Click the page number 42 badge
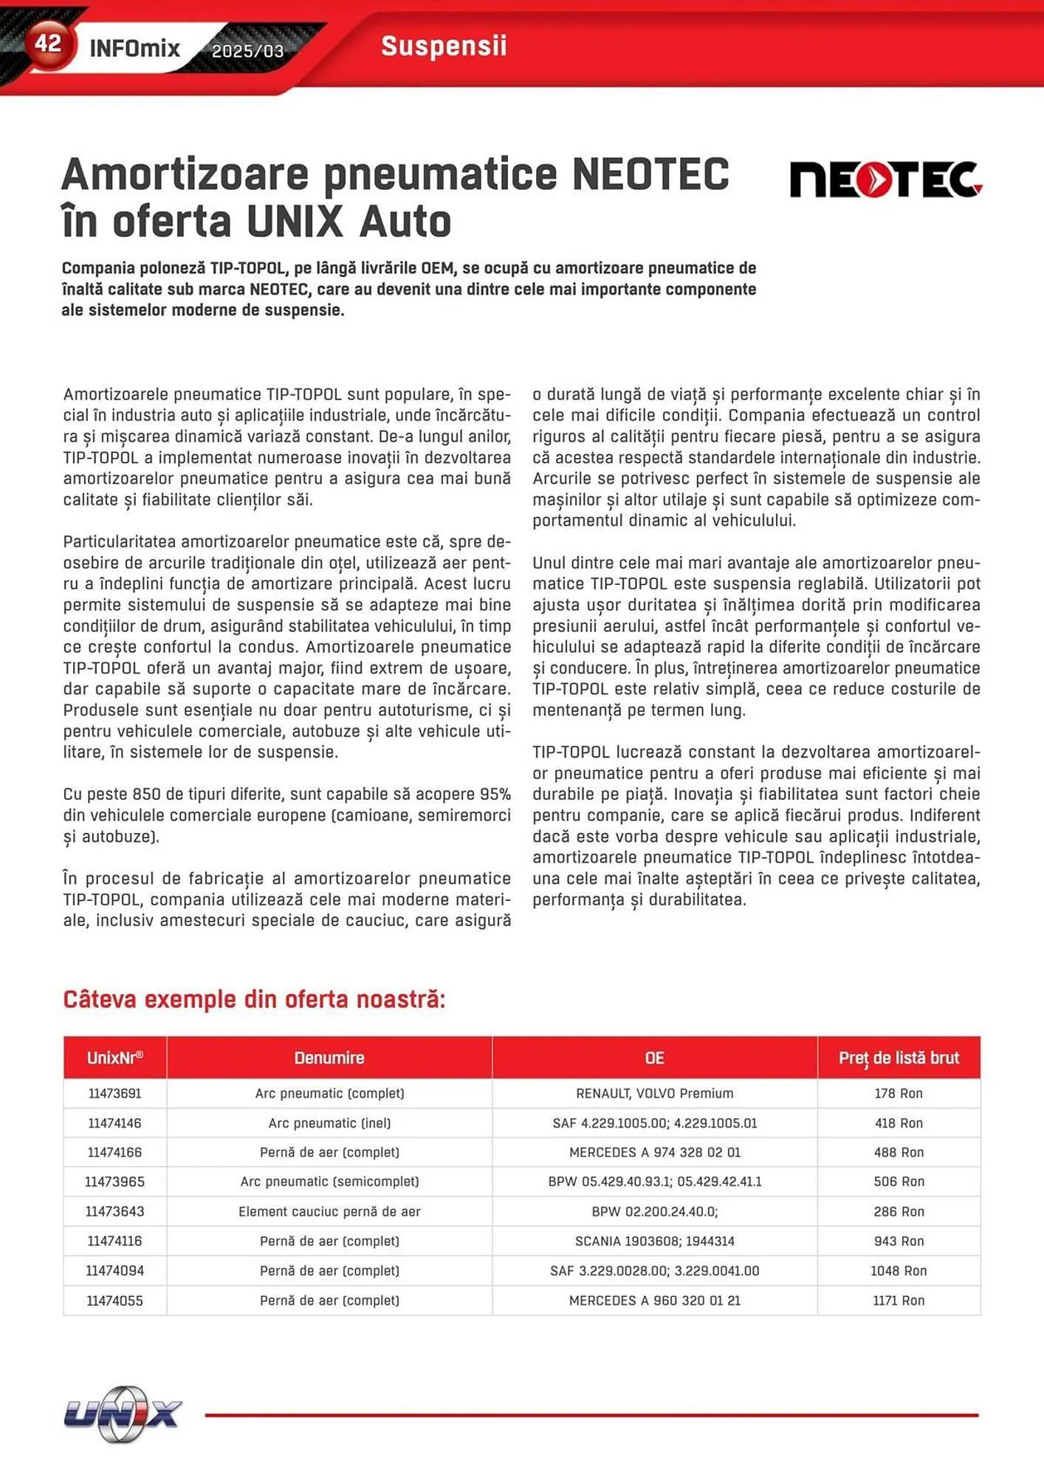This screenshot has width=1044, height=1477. point(48,44)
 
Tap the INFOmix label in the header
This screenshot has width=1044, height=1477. point(134,49)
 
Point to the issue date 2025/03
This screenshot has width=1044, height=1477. point(247,51)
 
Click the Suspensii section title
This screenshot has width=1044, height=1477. point(444,46)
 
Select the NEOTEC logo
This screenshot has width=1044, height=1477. point(885,179)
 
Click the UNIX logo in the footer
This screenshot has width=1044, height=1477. point(123,1413)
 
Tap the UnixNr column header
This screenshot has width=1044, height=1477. point(114,1058)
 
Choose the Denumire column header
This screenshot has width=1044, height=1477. point(329,1058)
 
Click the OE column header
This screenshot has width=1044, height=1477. point(654,1058)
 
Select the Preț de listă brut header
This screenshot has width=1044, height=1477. point(899,1058)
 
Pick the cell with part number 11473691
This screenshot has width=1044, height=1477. point(114,1093)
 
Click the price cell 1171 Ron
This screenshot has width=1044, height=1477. point(899,1300)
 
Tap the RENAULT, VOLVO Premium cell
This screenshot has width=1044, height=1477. point(654,1093)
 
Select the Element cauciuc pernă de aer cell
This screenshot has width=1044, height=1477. point(329,1211)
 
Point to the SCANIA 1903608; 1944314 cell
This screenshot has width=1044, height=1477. point(654,1241)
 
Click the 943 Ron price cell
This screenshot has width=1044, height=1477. point(899,1241)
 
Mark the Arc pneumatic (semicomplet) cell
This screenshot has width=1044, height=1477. point(329,1182)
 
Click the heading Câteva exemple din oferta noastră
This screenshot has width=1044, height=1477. point(254,999)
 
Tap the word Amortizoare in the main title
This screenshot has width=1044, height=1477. point(185,174)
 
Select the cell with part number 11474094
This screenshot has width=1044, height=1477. point(114,1271)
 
